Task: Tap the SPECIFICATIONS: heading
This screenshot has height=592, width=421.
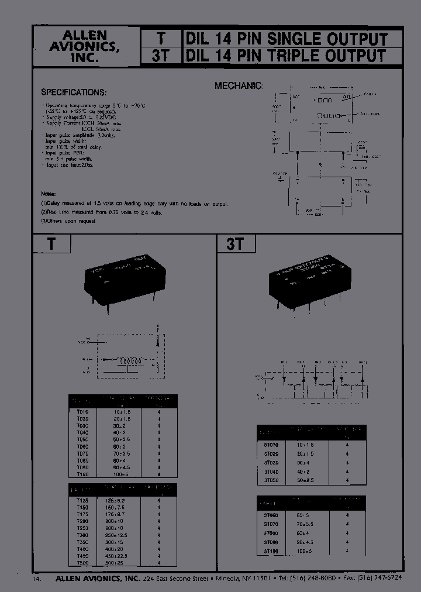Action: (x=74, y=93)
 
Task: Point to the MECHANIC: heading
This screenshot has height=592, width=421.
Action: (x=239, y=85)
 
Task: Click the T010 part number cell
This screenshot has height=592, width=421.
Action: (x=83, y=412)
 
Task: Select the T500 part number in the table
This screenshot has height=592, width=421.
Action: (x=83, y=562)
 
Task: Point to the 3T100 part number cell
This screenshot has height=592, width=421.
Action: (x=271, y=552)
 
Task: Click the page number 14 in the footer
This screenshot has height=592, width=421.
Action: (x=37, y=579)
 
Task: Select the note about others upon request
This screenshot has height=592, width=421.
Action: (x=68, y=221)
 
